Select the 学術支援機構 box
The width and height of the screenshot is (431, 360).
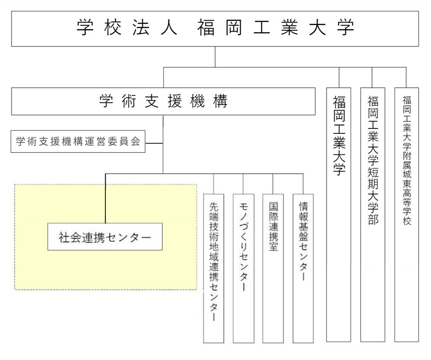[163, 101]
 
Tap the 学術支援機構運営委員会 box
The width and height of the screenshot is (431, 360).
[78, 141]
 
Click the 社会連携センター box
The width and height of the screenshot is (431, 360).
[105, 237]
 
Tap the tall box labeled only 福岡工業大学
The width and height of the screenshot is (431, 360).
[339, 214]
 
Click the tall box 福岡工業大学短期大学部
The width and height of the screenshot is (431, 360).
[373, 214]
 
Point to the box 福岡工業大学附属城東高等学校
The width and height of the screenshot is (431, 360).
[407, 214]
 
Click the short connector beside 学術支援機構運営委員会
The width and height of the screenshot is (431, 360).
[154, 142]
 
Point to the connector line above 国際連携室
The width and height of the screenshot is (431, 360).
[273, 183]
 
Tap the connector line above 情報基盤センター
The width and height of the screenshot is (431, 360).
[303, 183]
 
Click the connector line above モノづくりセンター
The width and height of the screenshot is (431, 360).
[243, 183]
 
